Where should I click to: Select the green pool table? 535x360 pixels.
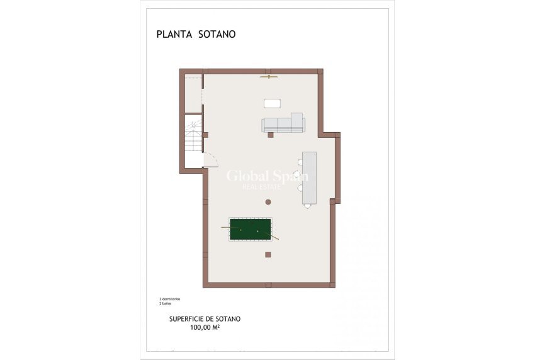[x=250, y=229]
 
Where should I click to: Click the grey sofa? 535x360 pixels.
[x=283, y=124]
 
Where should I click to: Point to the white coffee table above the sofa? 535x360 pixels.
[x=272, y=103]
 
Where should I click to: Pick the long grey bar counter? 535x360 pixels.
[x=309, y=177]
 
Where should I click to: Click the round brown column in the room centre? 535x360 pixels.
[x=268, y=202]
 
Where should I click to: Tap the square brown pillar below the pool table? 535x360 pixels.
[x=268, y=254]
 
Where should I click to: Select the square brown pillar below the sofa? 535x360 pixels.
[x=271, y=134]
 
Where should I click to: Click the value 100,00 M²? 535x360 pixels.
[x=205, y=327]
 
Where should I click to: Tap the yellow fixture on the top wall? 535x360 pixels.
[x=269, y=77]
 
